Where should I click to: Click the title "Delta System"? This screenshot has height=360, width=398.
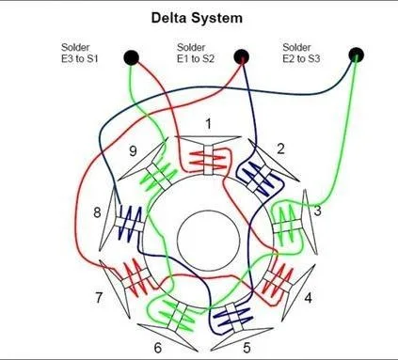(x=197, y=18)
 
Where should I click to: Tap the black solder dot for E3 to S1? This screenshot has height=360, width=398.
(x=131, y=57)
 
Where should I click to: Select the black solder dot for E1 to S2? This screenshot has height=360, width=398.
(x=242, y=57)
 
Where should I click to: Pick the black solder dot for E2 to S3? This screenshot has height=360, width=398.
(x=356, y=55)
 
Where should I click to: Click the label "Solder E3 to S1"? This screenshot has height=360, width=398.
(x=80, y=53)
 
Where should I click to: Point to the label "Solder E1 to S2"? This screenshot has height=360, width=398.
(x=196, y=53)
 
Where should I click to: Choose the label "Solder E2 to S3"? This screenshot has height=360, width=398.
(x=301, y=53)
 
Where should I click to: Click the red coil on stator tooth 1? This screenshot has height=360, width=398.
(x=208, y=159)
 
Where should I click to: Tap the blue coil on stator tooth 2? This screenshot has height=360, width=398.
(x=259, y=177)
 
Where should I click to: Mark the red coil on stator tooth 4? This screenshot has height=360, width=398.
(x=276, y=280)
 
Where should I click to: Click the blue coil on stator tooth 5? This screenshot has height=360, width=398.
(x=232, y=317)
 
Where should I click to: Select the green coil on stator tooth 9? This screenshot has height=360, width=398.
(x=159, y=175)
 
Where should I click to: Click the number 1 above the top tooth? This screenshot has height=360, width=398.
(x=209, y=124)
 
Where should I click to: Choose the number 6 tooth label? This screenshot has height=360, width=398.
(x=158, y=348)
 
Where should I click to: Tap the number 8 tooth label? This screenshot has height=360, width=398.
(x=97, y=212)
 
